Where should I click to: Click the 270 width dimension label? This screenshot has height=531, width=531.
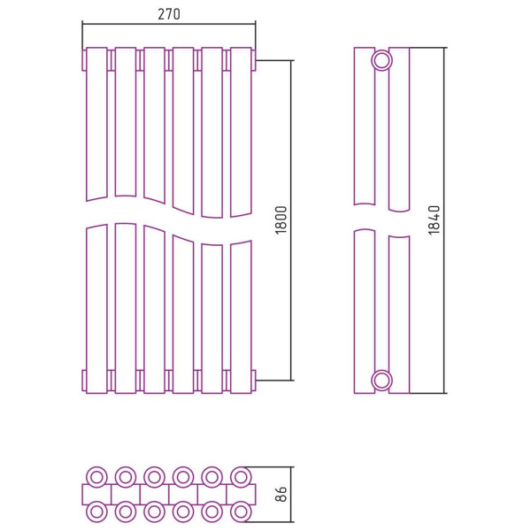tap(169, 14)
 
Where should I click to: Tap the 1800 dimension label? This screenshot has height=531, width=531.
tap(281, 220)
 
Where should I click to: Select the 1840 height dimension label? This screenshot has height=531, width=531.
tap(434, 220)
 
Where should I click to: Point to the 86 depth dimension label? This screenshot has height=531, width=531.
tap(281, 494)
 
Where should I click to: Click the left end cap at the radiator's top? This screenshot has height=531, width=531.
tap(84, 60)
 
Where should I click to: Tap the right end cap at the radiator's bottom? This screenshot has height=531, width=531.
tap(254, 381)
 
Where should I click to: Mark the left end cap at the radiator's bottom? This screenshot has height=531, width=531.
tap(84, 381)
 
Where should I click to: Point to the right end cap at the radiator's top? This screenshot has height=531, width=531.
tap(254, 60)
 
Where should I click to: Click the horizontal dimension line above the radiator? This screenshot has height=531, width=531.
tap(169, 24)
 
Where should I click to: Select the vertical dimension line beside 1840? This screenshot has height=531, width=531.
tap(444, 220)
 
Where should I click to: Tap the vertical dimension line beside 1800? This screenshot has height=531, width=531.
tap(291, 220)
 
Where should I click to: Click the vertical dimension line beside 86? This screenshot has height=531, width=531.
tap(291, 495)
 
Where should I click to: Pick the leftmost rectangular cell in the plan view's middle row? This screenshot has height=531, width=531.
tap(96, 495)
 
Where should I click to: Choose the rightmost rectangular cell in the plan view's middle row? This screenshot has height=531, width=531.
tap(241, 495)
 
